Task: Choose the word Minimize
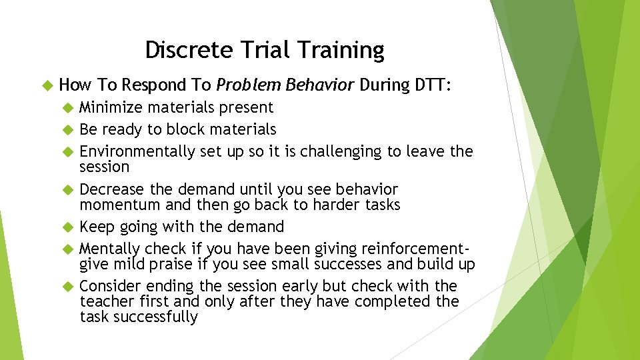(111, 107)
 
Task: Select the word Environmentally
(137, 151)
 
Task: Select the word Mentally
(107, 249)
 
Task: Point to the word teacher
(103, 301)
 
